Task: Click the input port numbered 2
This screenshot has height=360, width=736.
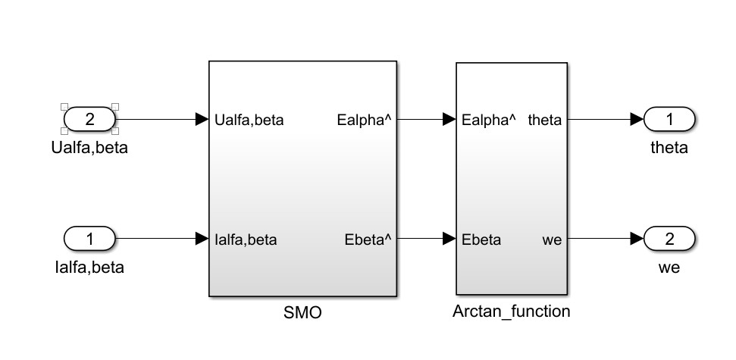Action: point(89,119)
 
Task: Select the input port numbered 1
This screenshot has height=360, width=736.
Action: point(89,239)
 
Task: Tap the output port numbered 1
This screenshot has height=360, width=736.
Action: point(669,119)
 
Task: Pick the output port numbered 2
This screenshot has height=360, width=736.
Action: point(669,239)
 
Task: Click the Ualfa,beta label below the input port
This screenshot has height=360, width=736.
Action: point(89,147)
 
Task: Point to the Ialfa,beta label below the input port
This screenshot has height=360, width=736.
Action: point(89,268)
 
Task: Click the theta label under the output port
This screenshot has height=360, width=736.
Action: point(669,147)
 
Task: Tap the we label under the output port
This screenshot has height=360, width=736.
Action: point(669,268)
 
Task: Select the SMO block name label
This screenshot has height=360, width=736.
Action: point(302,312)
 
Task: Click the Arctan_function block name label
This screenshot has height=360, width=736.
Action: point(511,311)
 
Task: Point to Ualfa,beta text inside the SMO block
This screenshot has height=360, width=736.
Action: point(249,120)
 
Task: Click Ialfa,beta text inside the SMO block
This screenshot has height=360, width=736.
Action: point(246,240)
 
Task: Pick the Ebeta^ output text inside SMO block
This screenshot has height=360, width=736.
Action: point(367,240)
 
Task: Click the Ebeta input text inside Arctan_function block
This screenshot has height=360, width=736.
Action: point(481,240)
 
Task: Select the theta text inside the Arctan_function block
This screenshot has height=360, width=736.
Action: point(544,120)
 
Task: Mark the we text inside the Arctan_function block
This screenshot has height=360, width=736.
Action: point(552,240)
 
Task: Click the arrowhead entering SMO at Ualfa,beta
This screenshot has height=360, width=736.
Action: point(202,119)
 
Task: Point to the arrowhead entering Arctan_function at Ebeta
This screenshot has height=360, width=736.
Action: point(449,239)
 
